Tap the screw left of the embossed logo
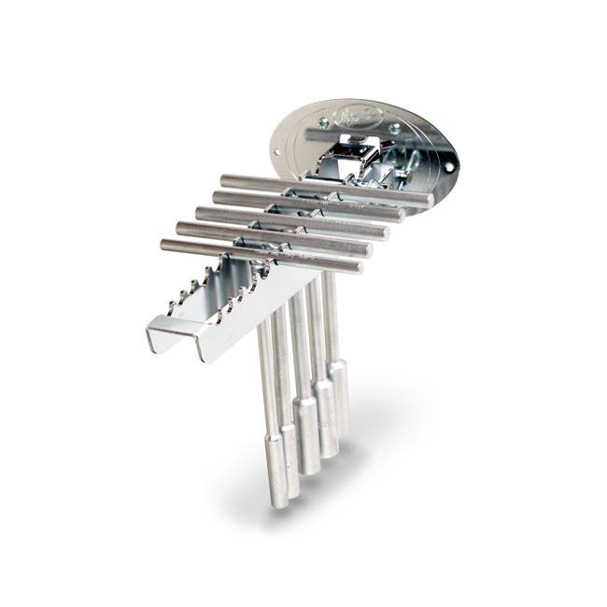[324, 122]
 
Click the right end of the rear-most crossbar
[428, 199]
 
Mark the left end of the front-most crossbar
[165, 245]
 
